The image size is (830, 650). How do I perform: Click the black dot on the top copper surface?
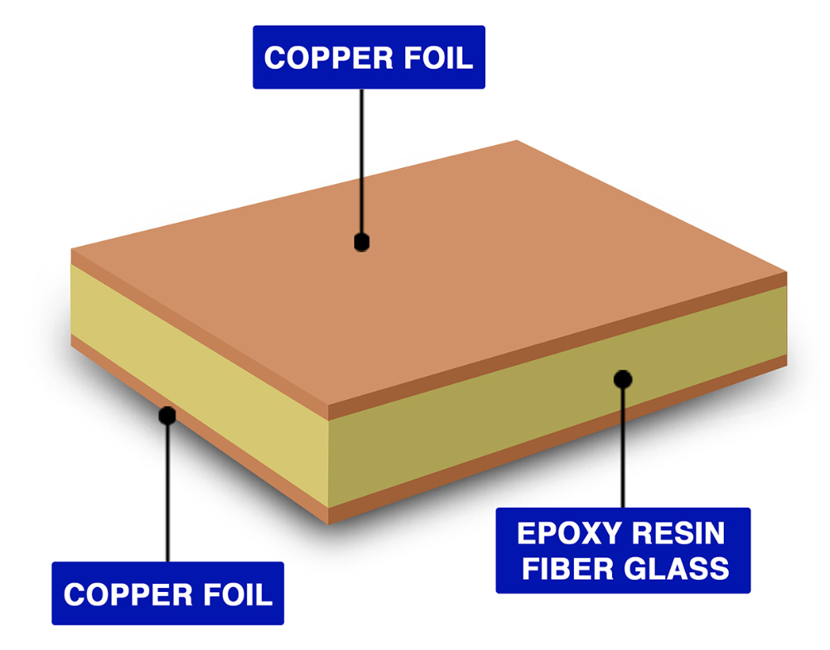[361, 242]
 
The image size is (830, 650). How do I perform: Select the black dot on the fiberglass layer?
[623, 378]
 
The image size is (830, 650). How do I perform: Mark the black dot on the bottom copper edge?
[168, 415]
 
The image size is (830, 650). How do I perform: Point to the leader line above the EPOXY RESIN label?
[623, 447]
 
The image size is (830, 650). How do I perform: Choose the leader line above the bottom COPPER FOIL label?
[168, 497]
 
